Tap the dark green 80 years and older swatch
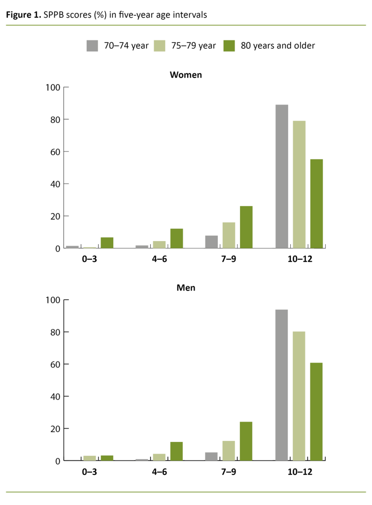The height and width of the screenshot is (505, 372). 230,46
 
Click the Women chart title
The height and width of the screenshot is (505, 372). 186,75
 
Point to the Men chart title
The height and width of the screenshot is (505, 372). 186,288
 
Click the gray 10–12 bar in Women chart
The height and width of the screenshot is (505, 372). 282,176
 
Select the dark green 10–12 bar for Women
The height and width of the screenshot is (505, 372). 316,203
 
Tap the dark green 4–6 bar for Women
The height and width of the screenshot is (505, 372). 176,238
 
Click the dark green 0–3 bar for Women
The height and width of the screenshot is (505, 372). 107,243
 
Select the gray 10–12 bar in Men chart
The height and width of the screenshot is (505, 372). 282,385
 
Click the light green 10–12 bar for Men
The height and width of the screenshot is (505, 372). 299,396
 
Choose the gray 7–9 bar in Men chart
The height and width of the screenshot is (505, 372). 211,456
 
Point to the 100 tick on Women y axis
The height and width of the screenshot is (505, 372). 53,88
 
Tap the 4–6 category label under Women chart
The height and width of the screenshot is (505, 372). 159,259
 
